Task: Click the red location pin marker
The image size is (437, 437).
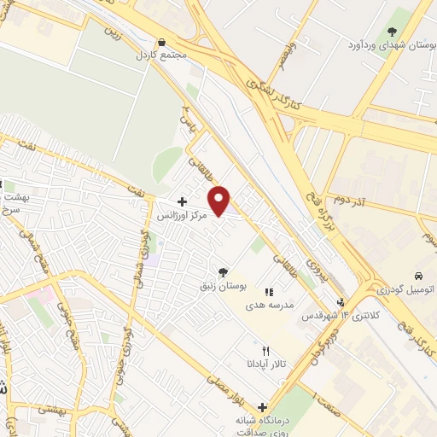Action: click(x=221, y=201)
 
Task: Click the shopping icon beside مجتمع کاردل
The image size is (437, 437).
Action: click(x=161, y=42)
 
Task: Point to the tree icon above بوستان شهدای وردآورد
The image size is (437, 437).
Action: click(x=393, y=32)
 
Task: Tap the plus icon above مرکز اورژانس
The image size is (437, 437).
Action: click(x=180, y=202)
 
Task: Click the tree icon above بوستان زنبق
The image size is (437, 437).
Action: click(x=223, y=273)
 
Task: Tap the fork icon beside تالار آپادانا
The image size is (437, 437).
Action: click(x=265, y=351)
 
